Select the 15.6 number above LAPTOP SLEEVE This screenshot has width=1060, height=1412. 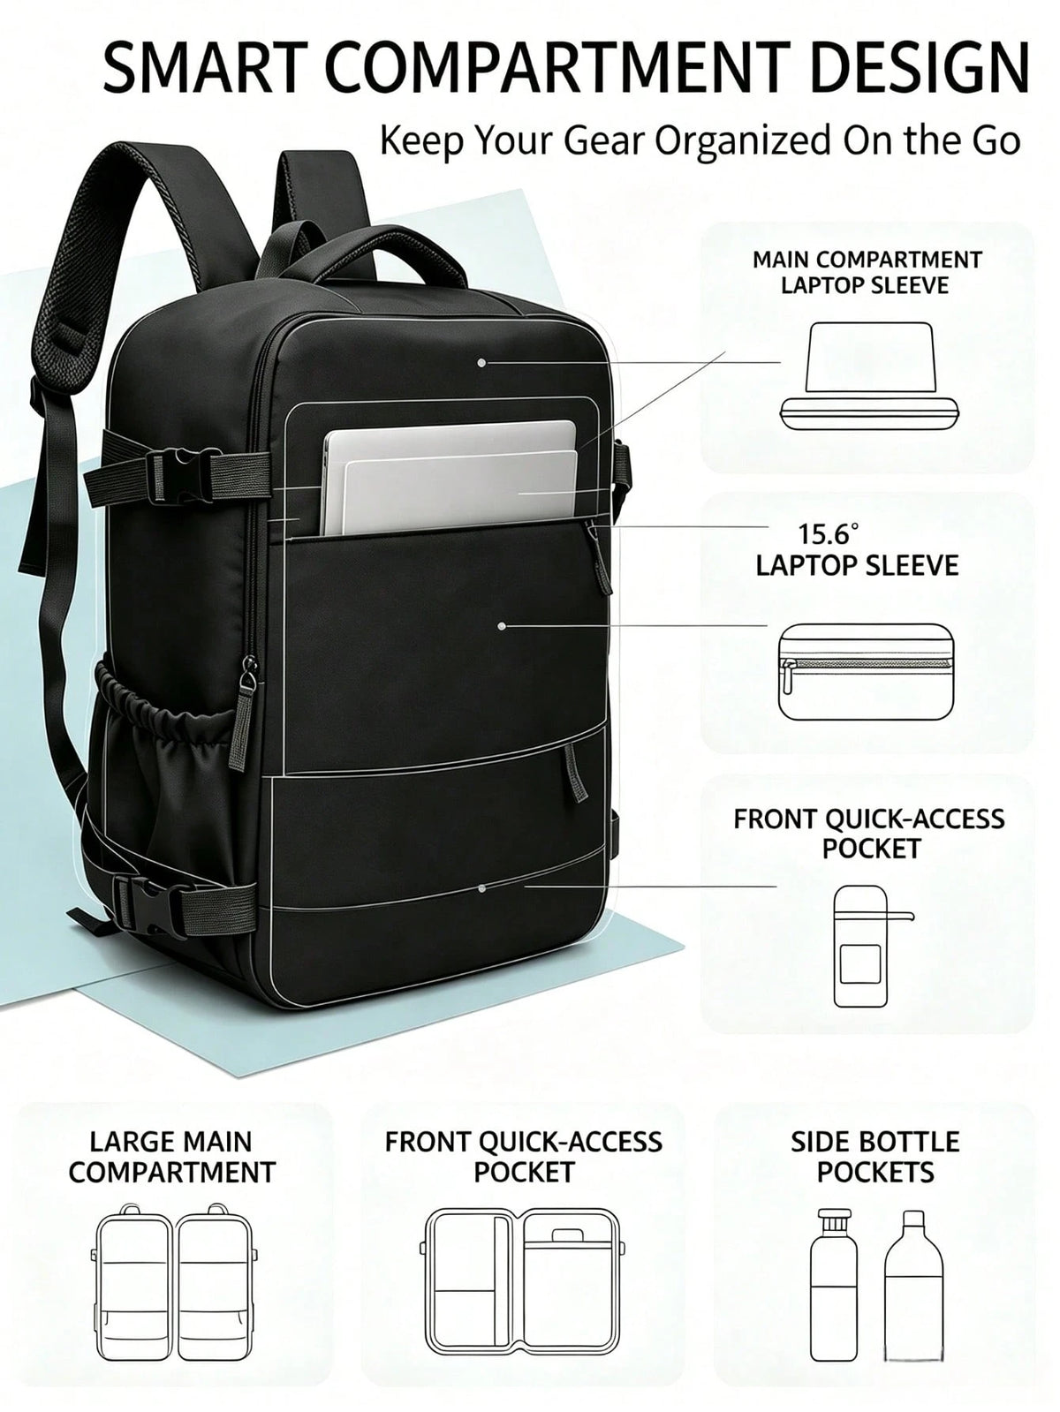pyautogui.click(x=829, y=534)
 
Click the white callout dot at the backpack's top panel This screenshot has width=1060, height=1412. pyautogui.click(x=481, y=363)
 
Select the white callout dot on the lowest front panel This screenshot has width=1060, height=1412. pyautogui.click(x=481, y=888)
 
